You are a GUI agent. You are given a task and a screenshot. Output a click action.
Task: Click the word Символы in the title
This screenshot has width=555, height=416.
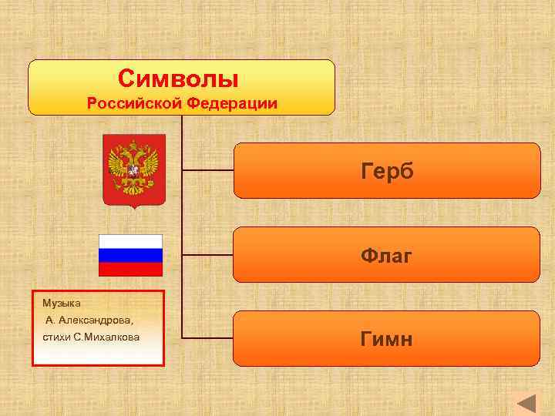tap(179, 79)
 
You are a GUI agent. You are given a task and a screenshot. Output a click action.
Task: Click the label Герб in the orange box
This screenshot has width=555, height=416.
tap(387, 171)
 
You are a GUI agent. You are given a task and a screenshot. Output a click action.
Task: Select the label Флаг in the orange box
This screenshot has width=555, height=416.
tap(387, 255)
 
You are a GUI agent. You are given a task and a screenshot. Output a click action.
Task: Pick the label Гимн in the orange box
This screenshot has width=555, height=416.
tap(387, 338)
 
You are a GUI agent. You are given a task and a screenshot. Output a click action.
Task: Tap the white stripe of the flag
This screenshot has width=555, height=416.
tap(130, 241)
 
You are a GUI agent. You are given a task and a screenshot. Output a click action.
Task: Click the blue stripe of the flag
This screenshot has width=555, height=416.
tap(130, 255)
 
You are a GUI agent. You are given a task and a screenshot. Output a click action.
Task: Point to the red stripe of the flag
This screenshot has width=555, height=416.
tap(130, 269)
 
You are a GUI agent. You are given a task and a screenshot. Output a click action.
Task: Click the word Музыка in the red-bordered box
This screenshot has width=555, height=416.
tap(62, 302)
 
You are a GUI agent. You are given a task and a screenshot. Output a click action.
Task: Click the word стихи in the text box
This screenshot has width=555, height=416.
tap(55, 337)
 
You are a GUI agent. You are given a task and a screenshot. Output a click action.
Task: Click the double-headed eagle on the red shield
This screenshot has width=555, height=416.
tap(134, 164)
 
